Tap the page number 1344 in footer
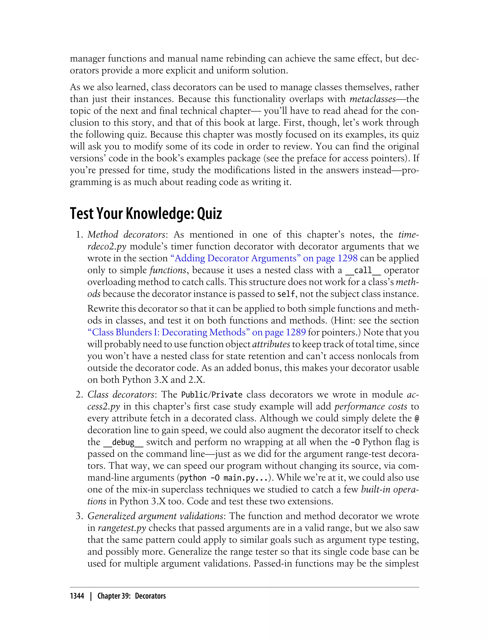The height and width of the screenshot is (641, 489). (77, 596)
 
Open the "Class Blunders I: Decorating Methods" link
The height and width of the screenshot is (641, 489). (197, 332)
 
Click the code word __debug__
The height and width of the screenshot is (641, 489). (123, 442)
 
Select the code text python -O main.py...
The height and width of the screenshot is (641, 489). (223, 478)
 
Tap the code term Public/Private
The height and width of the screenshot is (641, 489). (212, 395)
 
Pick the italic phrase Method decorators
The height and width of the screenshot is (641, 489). (126, 234)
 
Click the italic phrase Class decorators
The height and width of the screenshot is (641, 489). (121, 394)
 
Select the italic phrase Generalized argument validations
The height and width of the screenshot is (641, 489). (155, 516)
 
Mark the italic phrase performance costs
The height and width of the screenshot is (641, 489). (371, 406)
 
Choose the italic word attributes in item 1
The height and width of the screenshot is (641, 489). (271, 344)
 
